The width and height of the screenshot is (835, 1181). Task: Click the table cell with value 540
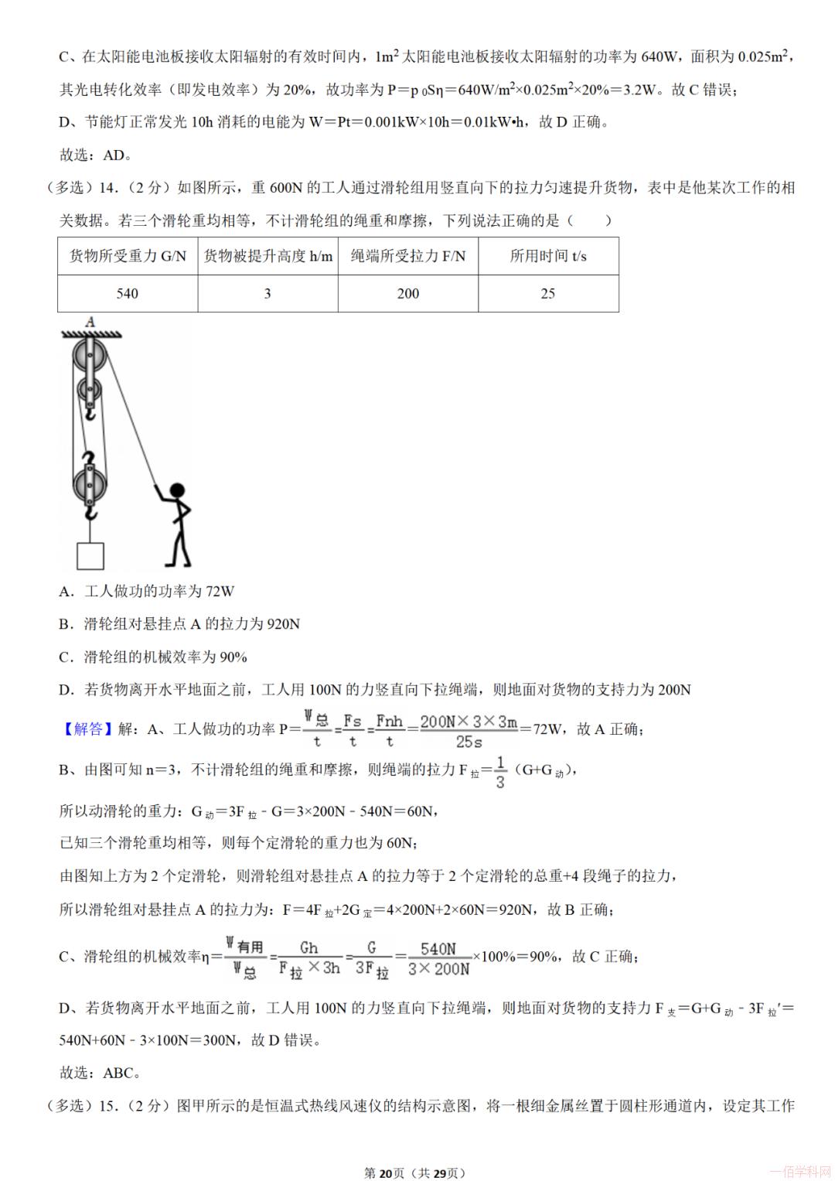pyautogui.click(x=128, y=294)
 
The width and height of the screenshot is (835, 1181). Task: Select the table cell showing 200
pyautogui.click(x=407, y=294)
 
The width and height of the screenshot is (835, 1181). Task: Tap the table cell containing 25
pyautogui.click(x=547, y=294)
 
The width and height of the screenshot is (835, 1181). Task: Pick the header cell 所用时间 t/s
pyautogui.click(x=547, y=256)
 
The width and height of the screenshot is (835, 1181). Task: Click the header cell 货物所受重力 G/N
pyautogui.click(x=128, y=256)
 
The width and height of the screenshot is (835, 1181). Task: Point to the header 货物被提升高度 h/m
pyautogui.click(x=268, y=256)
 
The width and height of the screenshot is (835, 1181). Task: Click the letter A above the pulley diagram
pyautogui.click(x=90, y=322)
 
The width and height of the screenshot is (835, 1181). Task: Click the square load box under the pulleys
pyautogui.click(x=90, y=555)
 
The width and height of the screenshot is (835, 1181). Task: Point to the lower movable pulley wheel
pyautogui.click(x=90, y=485)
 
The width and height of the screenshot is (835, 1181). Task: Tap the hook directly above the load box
pyautogui.click(x=91, y=511)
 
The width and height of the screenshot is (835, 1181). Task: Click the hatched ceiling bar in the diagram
pyautogui.click(x=91, y=333)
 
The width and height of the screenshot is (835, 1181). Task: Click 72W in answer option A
pyautogui.click(x=220, y=592)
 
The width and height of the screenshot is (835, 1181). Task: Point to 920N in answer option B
pyautogui.click(x=282, y=624)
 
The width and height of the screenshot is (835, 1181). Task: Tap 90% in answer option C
pyautogui.click(x=233, y=657)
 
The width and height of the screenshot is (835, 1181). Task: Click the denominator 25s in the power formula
pyautogui.click(x=469, y=742)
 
